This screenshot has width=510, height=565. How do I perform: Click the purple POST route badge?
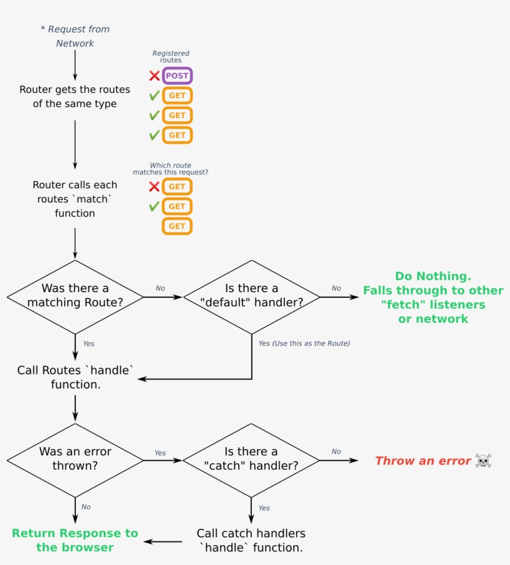coord(177,76)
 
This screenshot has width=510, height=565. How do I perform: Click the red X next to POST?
coord(154,76)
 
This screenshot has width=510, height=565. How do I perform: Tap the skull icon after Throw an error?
coord(483,461)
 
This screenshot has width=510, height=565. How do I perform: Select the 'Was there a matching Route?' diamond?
coord(75,296)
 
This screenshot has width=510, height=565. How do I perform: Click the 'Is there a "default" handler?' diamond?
coord(251,296)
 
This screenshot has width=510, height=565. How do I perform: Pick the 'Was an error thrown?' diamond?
coord(75,459)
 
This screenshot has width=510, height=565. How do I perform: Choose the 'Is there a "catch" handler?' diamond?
coord(251,459)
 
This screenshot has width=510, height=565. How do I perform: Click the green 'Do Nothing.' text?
coord(433,276)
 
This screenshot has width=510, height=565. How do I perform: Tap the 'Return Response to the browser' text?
coord(75,540)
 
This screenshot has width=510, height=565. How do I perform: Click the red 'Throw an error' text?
coord(423,461)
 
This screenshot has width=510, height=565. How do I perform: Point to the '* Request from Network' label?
coord(75,36)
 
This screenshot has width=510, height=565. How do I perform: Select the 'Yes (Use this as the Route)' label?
coord(304,343)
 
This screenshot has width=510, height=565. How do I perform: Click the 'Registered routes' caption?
coord(170,57)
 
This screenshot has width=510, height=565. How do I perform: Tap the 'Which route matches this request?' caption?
coord(170,169)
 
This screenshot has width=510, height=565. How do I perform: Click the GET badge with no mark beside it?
coord(177,226)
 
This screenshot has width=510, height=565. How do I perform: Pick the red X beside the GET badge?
coord(154,186)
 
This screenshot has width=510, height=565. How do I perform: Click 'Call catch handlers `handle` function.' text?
coord(251,541)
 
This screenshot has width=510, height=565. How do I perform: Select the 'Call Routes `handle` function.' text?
coord(75,377)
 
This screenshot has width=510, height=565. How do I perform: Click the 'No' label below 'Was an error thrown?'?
coord(86,507)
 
